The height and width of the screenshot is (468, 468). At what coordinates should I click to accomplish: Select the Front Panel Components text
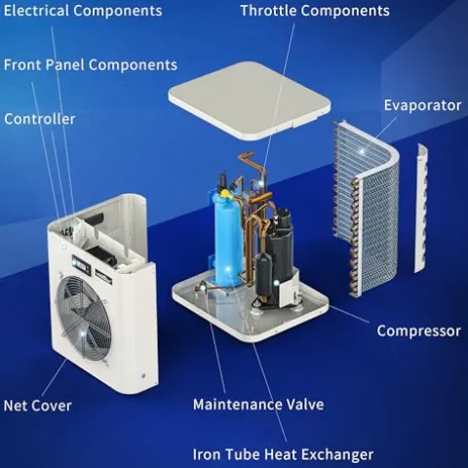tap(91, 65)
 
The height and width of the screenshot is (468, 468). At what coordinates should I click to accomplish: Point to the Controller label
tap(40, 119)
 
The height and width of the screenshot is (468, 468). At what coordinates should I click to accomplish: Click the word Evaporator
tap(421, 104)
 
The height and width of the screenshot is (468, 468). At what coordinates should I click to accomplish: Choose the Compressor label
tap(418, 331)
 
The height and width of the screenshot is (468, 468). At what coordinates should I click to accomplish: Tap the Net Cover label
tap(37, 405)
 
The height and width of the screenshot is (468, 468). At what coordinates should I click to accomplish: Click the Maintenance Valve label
tap(257, 404)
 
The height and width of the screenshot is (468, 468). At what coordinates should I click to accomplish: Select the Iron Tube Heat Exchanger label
tap(283, 454)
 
